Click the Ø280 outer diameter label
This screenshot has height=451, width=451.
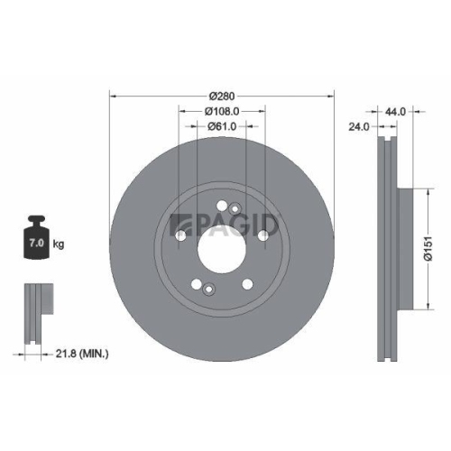pyautogui.click(x=222, y=96)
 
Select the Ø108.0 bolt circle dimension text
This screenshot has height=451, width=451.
pyautogui.click(x=222, y=111)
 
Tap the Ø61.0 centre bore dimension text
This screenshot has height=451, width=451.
pyautogui.click(x=222, y=126)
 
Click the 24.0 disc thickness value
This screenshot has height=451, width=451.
pyautogui.click(x=359, y=126)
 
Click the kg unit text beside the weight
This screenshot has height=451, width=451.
pyautogui.click(x=59, y=244)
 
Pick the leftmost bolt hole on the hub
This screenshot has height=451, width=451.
pyautogui.click(x=181, y=236)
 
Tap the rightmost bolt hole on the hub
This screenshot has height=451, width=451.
pyautogui.click(x=262, y=235)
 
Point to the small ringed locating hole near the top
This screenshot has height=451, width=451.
pyautogui.click(x=235, y=209)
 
